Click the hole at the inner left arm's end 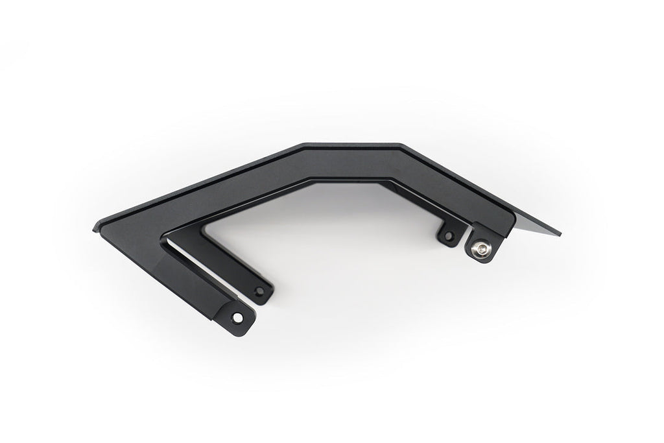coord(260,291)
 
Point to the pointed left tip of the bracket coord(95,226)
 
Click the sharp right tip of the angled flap coord(561,234)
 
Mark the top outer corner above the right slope coord(401,145)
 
